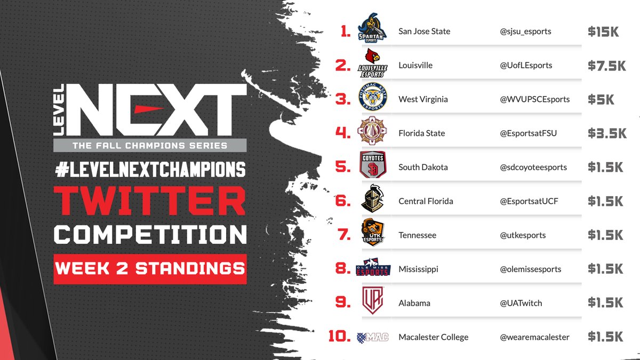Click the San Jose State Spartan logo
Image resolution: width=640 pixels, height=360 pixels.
click(372, 31)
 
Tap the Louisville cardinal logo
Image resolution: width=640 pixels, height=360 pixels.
click(372, 65)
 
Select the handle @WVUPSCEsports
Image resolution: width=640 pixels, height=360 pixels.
click(534, 99)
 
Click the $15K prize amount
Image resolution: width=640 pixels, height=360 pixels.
click(603, 31)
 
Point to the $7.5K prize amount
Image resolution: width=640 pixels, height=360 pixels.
click(606, 66)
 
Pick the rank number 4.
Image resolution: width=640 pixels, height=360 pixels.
click(342, 133)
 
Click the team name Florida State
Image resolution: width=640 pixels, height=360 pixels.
click(421, 133)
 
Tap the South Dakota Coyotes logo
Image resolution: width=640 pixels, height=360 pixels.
click(372, 167)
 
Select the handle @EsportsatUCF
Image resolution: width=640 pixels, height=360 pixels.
click(529, 201)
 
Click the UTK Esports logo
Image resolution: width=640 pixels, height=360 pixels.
click(372, 235)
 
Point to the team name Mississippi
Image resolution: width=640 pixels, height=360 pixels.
click(418, 269)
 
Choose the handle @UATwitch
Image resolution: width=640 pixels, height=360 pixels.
click(521, 303)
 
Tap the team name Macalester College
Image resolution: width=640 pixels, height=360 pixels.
click(433, 337)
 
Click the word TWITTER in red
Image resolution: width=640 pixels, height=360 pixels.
click(150, 201)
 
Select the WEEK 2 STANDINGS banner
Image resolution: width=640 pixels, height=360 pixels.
click(150, 268)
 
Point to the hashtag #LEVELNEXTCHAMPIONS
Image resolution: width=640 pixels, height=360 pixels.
click(150, 170)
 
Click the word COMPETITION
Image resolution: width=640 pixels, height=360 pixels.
click(150, 235)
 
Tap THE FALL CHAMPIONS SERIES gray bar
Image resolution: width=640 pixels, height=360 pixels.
click(150, 145)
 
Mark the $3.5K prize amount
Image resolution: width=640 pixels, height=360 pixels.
click(606, 133)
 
